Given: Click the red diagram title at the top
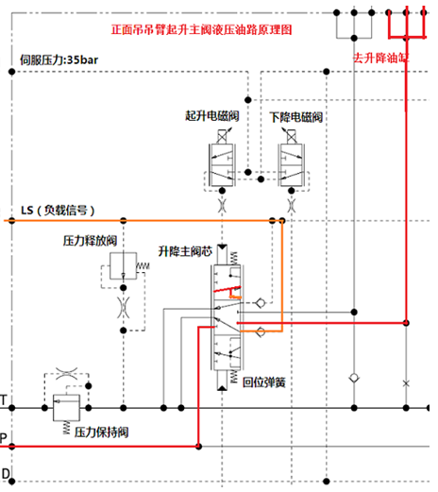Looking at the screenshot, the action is [201, 29].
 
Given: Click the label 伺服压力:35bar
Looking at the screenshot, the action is [59, 59].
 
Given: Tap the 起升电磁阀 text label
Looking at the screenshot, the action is [212, 116].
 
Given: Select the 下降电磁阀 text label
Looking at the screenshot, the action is [296, 117].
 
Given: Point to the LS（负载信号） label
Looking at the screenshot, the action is [58, 210].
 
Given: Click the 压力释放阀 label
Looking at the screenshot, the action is [90, 241].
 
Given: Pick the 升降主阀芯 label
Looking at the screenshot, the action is [185, 251].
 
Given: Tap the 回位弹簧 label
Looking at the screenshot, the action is [264, 382].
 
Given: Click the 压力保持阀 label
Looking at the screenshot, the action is [101, 433].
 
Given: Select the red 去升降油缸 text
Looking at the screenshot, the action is [380, 58].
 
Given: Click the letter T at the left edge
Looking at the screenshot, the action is [4, 400].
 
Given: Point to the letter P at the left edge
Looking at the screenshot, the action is [3, 438].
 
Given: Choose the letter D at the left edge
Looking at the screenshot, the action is [6, 473].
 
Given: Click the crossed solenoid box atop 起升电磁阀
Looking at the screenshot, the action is [222, 137].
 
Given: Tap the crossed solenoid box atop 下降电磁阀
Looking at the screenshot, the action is [292, 137].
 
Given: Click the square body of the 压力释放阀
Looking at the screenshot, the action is [124, 266].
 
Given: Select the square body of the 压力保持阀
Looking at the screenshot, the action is [66, 408].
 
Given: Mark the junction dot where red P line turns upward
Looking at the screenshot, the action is [198, 446].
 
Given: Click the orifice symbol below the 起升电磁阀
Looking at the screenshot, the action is [222, 206].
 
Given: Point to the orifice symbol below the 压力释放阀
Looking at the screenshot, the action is [124, 307].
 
